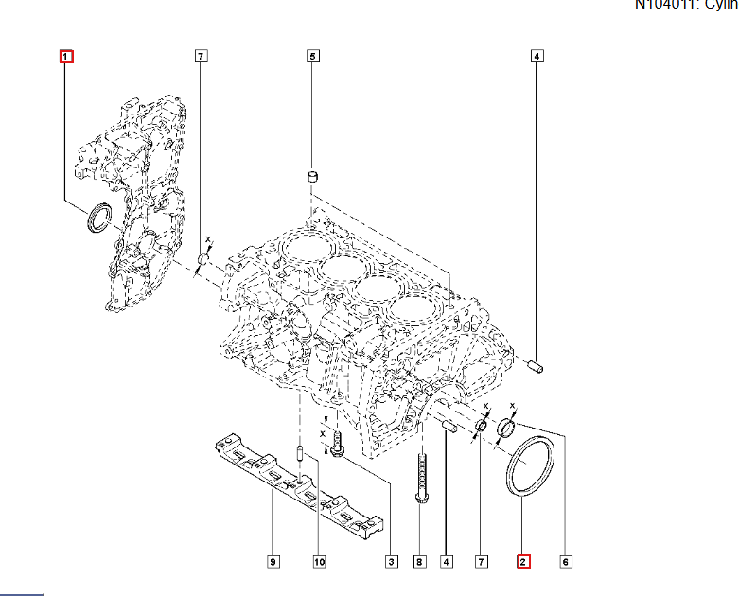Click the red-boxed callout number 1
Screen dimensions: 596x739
pos(66,57)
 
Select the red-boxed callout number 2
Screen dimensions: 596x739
pos(522,562)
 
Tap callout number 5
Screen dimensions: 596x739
pos(312,57)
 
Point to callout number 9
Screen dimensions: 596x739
pos(273,562)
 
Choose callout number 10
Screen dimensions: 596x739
pos(319,562)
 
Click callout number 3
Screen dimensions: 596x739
pos(390,562)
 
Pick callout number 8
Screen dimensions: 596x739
pos(419,562)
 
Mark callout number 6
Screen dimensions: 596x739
pos(566,562)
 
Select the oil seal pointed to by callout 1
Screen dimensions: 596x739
pos(98,218)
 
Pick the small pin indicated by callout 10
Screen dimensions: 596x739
pos(299,454)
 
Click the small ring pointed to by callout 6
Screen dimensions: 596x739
pos(505,431)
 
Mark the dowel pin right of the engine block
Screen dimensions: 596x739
pos(535,364)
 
